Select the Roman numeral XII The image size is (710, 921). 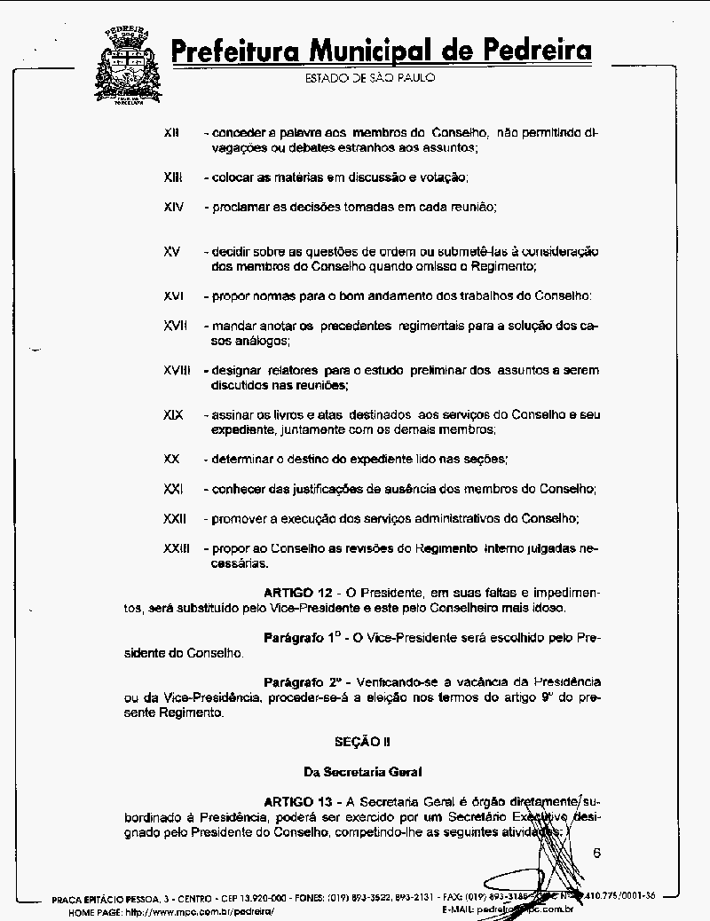(x=172, y=133)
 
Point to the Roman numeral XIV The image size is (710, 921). (x=174, y=207)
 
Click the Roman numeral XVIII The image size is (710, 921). (x=177, y=370)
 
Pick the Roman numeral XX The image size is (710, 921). (x=172, y=459)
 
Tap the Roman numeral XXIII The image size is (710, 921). (x=177, y=548)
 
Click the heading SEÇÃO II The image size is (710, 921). (x=362, y=741)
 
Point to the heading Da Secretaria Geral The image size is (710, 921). (x=362, y=772)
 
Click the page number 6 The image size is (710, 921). (x=596, y=854)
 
